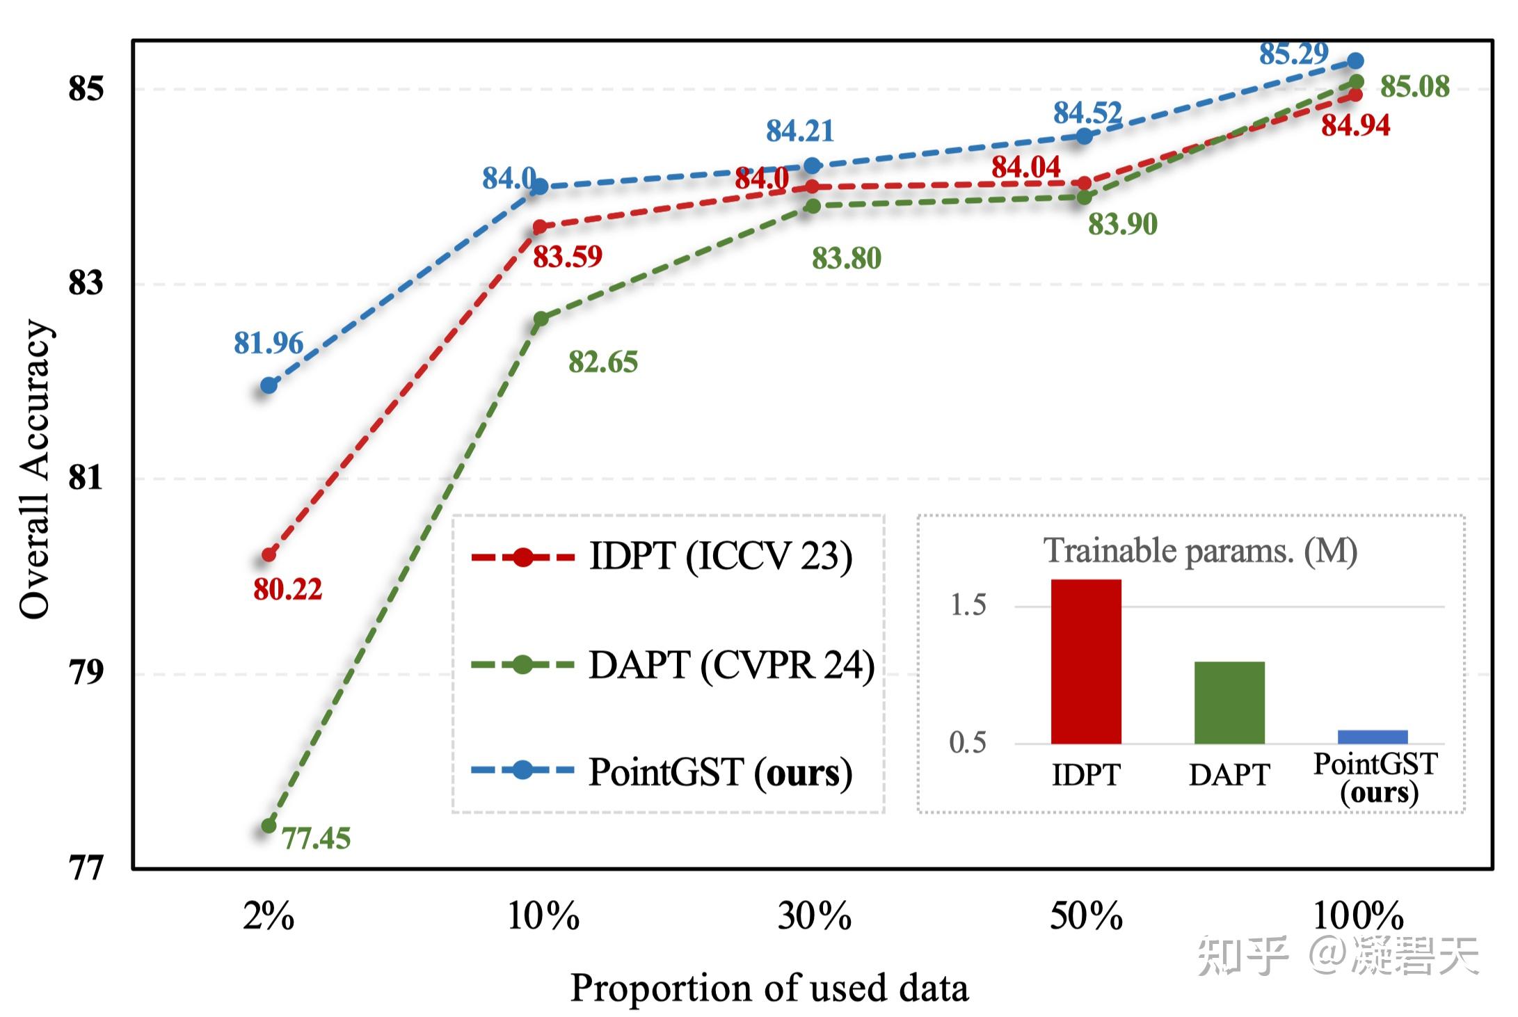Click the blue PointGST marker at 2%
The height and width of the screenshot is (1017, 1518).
tap(269, 385)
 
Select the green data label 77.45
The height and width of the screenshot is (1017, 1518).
tap(316, 838)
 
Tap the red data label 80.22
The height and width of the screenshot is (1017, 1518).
tap(287, 590)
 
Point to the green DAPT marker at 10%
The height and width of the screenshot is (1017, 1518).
tap(541, 319)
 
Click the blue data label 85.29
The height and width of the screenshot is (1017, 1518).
tap(1293, 54)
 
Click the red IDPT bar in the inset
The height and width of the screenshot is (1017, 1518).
tap(1085, 661)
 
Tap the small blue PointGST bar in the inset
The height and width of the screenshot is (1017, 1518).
tap(1372, 737)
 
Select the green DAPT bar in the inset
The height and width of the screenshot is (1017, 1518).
tap(1229, 702)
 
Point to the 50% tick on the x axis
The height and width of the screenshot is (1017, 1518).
tap(1085, 916)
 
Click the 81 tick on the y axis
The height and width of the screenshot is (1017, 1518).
tap(86, 478)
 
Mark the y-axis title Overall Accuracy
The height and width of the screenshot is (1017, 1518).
tap(35, 470)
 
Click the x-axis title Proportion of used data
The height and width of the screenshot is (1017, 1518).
tap(769, 988)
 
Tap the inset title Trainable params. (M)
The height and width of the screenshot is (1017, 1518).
tap(1199, 551)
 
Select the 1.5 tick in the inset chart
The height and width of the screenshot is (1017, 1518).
tap(968, 605)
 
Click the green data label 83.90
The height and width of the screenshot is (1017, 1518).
tap(1122, 224)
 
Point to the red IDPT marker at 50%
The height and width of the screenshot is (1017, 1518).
tap(1083, 184)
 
